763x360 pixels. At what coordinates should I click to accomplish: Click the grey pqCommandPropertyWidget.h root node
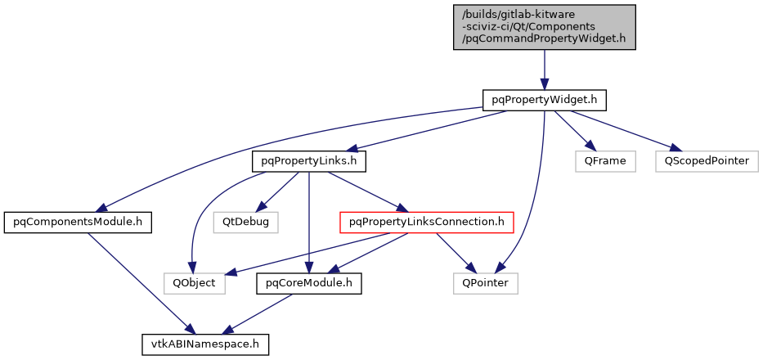click(x=544, y=26)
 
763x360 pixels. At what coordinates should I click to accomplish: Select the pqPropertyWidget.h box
click(x=544, y=100)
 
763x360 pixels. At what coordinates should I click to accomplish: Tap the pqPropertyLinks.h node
click(x=308, y=161)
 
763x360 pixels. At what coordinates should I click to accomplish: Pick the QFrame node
click(x=604, y=161)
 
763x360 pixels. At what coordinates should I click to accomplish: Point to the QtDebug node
click(x=245, y=222)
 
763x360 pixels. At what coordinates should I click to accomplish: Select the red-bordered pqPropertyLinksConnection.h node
click(x=426, y=222)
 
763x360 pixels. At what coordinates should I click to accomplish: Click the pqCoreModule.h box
click(x=308, y=283)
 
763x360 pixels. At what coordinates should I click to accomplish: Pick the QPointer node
click(x=486, y=283)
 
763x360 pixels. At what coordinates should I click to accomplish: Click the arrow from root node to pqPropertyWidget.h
click(x=544, y=69)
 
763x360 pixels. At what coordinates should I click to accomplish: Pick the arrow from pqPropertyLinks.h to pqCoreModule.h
click(x=308, y=221)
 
